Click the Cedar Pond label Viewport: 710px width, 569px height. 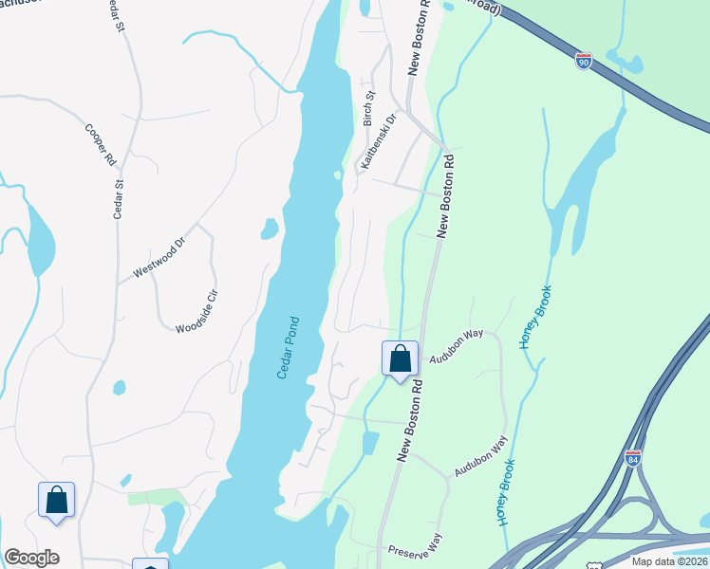click(289, 347)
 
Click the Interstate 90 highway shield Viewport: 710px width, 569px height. click(584, 62)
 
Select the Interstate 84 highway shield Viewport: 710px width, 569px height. click(633, 459)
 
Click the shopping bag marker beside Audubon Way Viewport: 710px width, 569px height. click(400, 359)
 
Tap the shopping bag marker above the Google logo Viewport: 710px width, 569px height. click(56, 500)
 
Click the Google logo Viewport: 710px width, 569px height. click(31, 558)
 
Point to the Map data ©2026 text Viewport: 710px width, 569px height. click(670, 561)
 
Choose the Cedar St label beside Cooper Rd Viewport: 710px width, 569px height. click(119, 194)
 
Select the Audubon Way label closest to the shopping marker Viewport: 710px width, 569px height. click(457, 347)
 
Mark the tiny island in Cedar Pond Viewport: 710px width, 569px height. click(337, 174)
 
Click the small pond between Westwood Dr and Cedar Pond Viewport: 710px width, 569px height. click(270, 229)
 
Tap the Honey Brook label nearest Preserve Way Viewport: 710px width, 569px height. click(505, 493)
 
